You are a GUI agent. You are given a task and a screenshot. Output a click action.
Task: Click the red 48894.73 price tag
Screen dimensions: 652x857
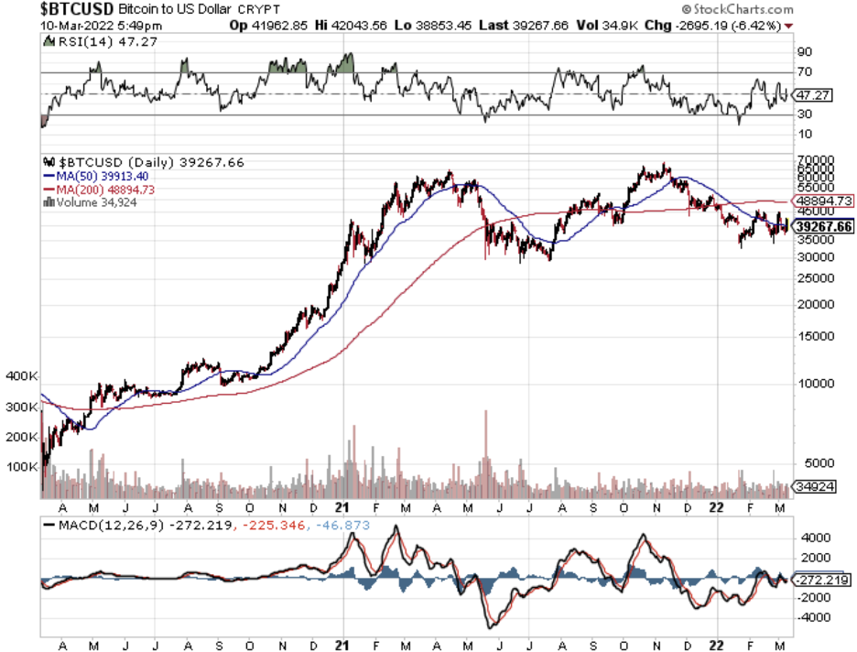click(x=824, y=201)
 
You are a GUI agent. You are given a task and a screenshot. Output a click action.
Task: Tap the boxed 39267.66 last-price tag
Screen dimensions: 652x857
click(x=824, y=226)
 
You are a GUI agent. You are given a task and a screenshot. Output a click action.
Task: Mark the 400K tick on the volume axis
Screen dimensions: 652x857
click(x=21, y=376)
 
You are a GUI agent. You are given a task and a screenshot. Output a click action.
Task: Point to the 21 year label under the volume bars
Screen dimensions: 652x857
click(x=342, y=506)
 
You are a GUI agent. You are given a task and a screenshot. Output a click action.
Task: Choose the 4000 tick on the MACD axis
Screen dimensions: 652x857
click(x=811, y=539)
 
